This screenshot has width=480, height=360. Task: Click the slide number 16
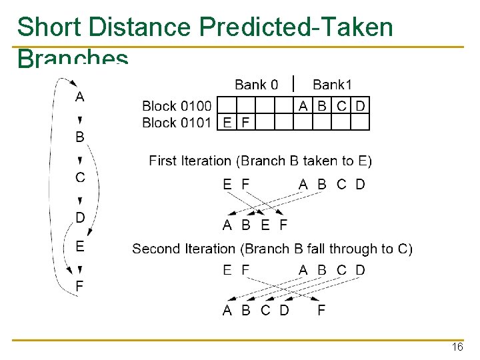[457, 347]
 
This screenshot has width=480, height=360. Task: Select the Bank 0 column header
[256, 85]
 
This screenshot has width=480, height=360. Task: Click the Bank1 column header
[332, 85]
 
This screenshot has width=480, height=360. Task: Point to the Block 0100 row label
[177, 105]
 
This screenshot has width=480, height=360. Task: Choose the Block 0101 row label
[177, 123]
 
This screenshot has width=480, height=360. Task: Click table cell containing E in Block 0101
[228, 123]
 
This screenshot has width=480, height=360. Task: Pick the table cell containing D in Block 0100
[361, 105]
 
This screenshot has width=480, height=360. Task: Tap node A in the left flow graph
[80, 97]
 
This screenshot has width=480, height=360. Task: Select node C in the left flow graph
[80, 177]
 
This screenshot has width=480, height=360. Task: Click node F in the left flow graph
[80, 286]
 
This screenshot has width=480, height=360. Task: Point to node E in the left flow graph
[80, 246]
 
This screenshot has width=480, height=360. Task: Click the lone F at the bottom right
[321, 311]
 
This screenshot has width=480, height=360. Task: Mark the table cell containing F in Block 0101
[245, 123]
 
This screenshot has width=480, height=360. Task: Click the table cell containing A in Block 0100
[303, 105]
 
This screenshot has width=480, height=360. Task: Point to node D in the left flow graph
[80, 217]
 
